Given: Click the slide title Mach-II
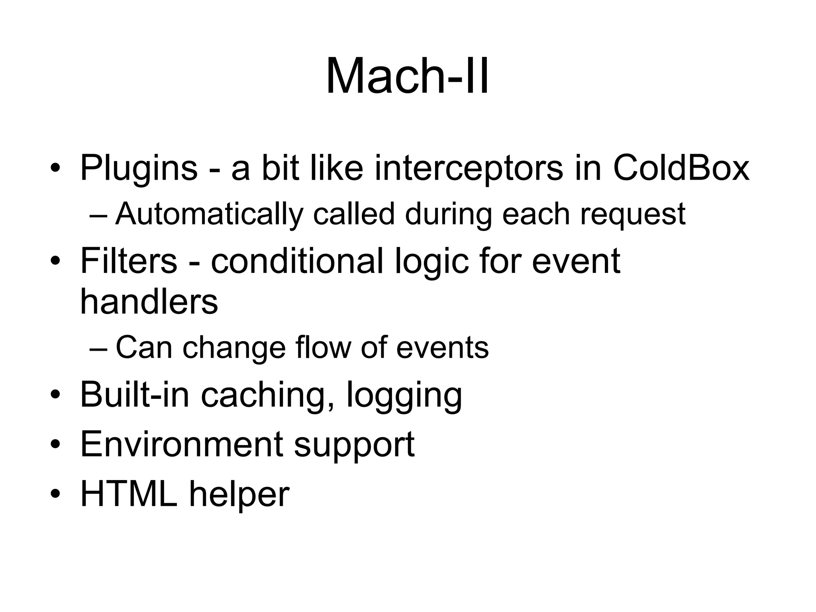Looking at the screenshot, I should (407, 76).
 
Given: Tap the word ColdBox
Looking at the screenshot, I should (681, 168).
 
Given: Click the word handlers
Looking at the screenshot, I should (149, 302).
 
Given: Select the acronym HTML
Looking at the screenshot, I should (129, 494).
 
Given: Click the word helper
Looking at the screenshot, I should (239, 494).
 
